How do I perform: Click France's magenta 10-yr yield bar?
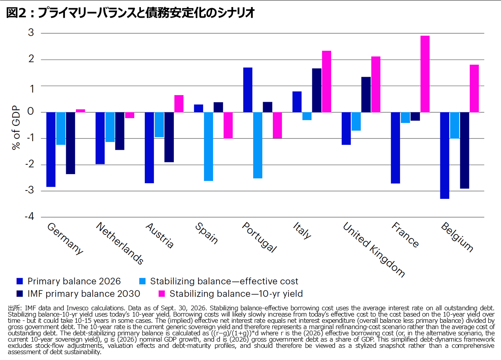tap(425, 74)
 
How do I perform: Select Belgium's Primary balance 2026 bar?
tap(445, 155)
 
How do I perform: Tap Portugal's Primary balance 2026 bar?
tap(248, 90)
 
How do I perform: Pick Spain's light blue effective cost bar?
tap(209, 146)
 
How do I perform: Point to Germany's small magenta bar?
tap(81, 111)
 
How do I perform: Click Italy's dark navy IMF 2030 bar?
tap(317, 90)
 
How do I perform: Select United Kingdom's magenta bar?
tap(376, 84)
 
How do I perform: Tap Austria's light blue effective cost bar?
tap(159, 125)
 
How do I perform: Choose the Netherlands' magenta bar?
tap(130, 115)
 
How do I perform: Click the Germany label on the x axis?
tap(65, 239)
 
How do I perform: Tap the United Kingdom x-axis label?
tap(374, 250)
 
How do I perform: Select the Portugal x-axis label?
tap(260, 237)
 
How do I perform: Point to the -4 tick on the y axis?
tap(29, 216)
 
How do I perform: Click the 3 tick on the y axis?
tap(31, 32)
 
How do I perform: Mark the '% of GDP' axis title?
tap(16, 128)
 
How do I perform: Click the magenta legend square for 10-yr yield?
tap(162, 293)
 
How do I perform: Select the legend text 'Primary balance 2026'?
tap(74, 281)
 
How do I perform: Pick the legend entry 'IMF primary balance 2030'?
tap(78, 293)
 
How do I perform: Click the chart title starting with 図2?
tap(130, 13)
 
